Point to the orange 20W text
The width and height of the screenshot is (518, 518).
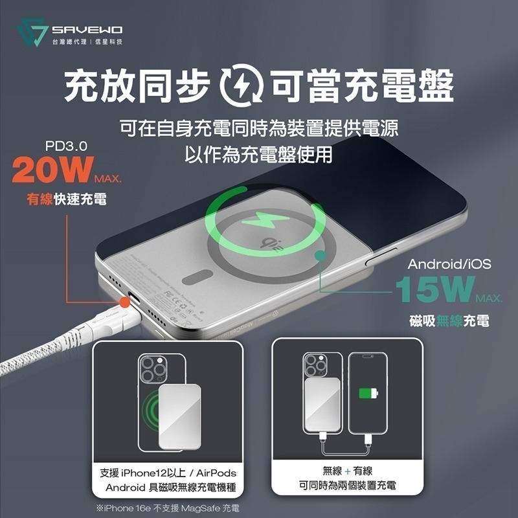tap(52, 169)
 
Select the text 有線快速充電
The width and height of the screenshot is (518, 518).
tap(67, 199)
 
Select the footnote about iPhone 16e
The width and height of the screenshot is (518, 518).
tap(168, 507)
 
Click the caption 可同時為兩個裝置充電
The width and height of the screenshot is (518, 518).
tap(347, 485)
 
